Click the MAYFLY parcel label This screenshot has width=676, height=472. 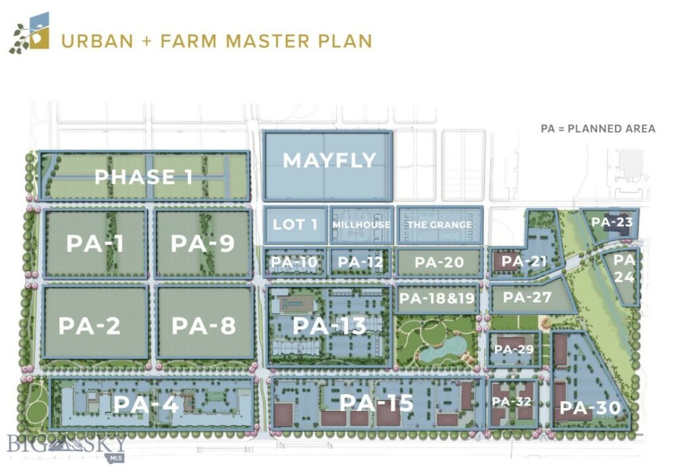(329, 160)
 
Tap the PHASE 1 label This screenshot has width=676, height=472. (144, 177)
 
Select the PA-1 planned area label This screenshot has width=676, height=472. (95, 243)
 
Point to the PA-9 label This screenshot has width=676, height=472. (203, 243)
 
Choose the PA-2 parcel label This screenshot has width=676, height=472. (89, 326)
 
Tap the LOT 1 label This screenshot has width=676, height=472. (295, 224)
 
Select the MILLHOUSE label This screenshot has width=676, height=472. (361, 225)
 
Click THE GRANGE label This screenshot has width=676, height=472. (439, 225)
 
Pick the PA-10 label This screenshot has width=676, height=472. (294, 262)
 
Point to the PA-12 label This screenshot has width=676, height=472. (360, 262)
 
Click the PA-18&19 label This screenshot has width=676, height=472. (437, 298)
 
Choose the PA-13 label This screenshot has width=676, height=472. (329, 326)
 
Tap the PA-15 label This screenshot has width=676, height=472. (376, 402)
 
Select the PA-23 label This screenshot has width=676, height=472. (611, 222)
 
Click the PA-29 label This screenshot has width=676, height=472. (513, 348)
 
